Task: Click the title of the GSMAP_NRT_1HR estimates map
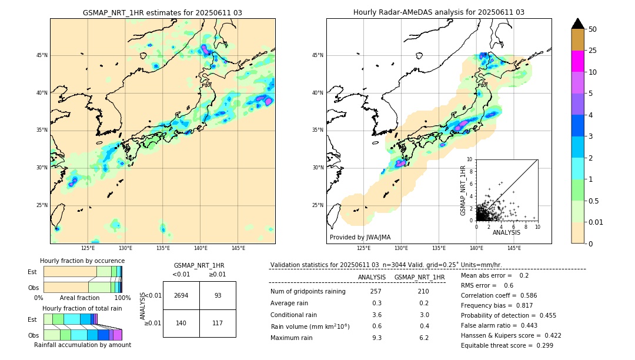pos(162,12)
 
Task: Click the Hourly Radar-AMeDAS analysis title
pos(439,12)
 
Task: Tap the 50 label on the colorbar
pos(593,29)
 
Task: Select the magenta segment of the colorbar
pos(577,61)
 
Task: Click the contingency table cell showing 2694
pos(181,295)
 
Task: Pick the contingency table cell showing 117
pos(218,323)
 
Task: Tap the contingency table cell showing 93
pos(218,295)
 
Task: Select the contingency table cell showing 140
pos(181,323)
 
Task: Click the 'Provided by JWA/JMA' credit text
pos(360,237)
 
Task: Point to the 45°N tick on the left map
pos(42,55)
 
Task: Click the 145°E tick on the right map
pos(514,248)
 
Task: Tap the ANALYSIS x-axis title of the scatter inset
pos(506,232)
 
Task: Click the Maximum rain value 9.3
pos(376,338)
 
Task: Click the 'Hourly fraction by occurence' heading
pos(82,261)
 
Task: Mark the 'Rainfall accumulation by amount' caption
pos(82,345)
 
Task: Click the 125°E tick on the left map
pos(88,248)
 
